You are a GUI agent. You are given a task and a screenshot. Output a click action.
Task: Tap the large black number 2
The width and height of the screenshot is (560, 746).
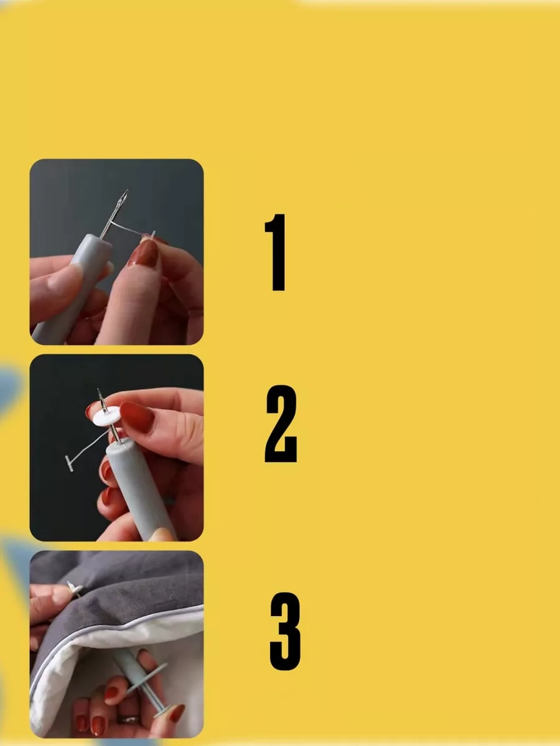point(281,423)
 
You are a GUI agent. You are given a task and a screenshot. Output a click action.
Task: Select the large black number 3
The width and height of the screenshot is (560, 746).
point(285,631)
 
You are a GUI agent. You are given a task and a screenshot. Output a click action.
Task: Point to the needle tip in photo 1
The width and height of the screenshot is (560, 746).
point(128,190)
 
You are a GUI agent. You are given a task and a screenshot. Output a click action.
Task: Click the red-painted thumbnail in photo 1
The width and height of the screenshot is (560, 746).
point(144,254)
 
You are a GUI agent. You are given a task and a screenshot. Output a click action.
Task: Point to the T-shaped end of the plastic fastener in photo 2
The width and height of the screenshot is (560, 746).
point(69,463)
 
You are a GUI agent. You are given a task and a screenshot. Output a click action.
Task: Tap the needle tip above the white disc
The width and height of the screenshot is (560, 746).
point(98,390)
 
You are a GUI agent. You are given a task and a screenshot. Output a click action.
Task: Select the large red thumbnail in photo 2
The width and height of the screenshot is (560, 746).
point(137,418)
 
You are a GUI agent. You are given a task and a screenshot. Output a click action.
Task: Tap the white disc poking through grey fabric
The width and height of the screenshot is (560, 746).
point(75,589)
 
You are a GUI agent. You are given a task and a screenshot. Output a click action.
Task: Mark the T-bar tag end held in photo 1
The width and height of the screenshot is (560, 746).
point(153,234)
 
